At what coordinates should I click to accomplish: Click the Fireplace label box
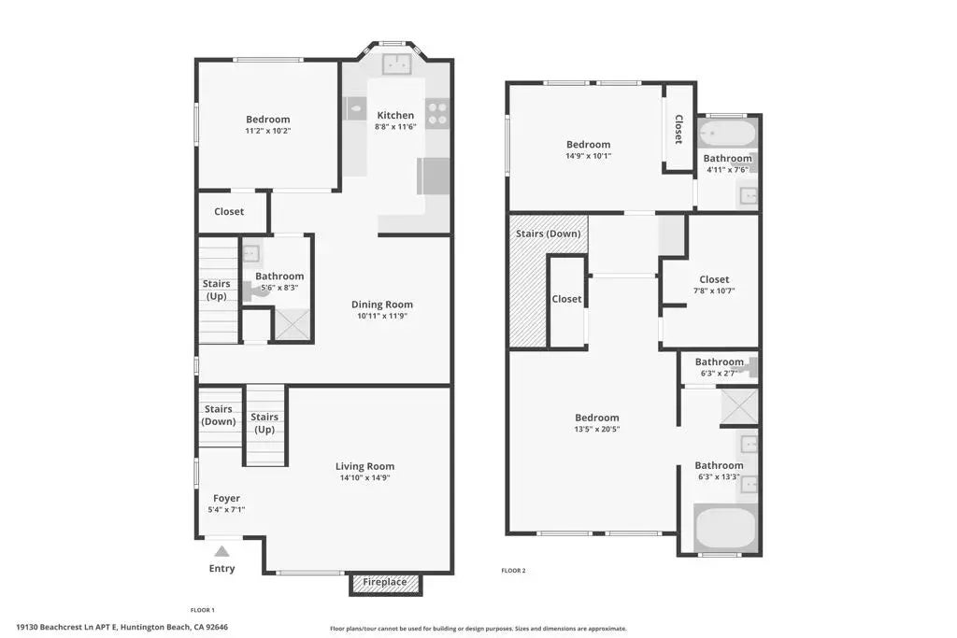point(385,583)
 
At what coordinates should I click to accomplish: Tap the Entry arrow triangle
point(221,551)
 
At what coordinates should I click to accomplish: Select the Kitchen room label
point(394,115)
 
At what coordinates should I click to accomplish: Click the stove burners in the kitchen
point(437,113)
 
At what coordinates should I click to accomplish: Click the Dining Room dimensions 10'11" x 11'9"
point(381,316)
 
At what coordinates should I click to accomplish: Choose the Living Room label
point(364,466)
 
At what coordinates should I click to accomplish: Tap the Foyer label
point(226,498)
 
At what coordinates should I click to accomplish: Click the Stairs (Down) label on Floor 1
point(219,415)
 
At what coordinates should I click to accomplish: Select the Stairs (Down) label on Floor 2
point(548,234)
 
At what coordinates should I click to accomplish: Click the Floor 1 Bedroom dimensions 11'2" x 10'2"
point(267,131)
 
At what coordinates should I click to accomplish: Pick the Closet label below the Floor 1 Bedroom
point(229,211)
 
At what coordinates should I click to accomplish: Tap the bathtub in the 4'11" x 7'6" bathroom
point(728,133)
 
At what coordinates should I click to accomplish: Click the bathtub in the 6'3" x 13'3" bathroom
point(725,528)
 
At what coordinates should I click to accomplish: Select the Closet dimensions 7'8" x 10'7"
point(714,291)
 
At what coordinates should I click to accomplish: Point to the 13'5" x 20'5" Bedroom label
point(596,418)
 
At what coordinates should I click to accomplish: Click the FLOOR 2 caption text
point(513,570)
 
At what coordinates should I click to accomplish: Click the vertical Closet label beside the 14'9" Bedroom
point(678,129)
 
